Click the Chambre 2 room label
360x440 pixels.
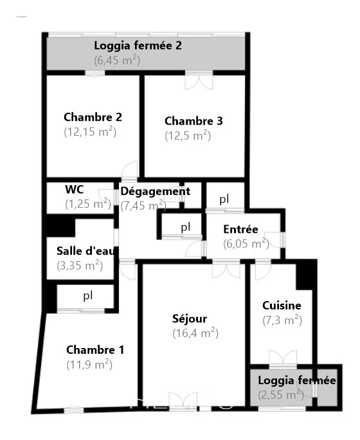coord(93,117)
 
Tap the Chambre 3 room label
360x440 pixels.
coord(194,121)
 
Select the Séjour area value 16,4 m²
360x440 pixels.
coord(195,333)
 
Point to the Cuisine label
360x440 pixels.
coord(282,306)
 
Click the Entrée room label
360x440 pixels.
coord(240,229)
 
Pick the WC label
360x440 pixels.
coord(75,189)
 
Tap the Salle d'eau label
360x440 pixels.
coord(85,251)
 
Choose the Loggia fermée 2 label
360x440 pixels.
coord(138,46)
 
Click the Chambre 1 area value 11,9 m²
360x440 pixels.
coord(89,365)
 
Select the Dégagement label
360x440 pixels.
coord(156,192)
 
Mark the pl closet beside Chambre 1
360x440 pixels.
coord(88,295)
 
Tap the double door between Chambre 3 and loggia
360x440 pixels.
coord(199,80)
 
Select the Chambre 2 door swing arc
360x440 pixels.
coord(129,170)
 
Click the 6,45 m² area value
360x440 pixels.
coord(117,60)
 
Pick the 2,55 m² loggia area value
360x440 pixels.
coord(281,395)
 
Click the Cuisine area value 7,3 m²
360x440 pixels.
coord(282,320)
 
